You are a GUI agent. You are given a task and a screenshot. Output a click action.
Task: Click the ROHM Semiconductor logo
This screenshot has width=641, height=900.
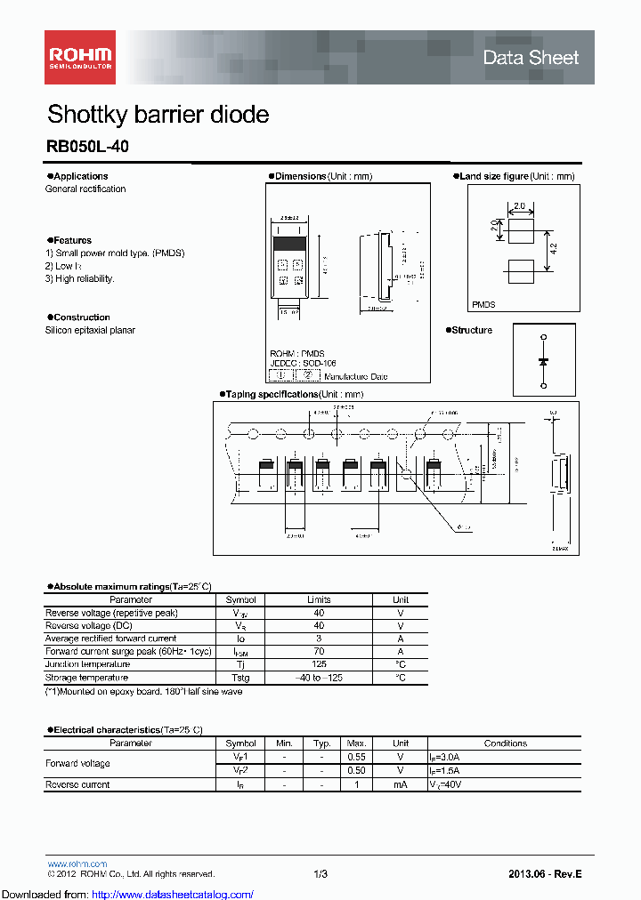pos(78,57)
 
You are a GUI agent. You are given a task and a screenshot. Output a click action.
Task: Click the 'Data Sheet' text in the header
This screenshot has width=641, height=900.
pos(531,58)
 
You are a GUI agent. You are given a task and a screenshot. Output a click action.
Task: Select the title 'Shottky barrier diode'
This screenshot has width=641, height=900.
pos(158,115)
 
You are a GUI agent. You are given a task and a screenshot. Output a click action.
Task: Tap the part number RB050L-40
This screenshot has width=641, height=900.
pos(87,148)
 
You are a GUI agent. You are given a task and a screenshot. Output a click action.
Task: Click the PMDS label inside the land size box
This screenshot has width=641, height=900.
pos(483,304)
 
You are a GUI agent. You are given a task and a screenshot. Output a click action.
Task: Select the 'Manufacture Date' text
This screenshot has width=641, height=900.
pos(356,377)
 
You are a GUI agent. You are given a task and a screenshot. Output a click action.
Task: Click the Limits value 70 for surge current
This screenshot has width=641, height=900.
pos(319,652)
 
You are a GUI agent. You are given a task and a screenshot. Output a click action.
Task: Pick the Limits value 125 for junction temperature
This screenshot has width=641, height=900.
pos(319,664)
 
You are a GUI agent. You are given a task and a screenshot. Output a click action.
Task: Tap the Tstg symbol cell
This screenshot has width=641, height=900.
pos(240,678)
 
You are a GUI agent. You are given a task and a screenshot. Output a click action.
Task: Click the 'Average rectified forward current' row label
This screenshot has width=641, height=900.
pos(110,639)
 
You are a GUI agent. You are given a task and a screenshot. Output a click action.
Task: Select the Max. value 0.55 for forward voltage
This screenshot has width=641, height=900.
pos(356,757)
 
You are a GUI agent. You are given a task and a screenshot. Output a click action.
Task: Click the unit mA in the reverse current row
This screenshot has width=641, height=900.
pos(401,784)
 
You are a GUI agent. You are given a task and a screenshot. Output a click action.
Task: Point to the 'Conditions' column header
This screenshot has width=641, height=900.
pos(505,743)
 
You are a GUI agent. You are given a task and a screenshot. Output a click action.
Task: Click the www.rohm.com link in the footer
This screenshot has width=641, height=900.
pos(77,864)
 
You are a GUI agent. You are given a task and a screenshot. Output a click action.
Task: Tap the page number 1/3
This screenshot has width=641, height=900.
pos(320,874)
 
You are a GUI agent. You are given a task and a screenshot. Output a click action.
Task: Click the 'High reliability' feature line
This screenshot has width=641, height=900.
pos(80,278)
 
